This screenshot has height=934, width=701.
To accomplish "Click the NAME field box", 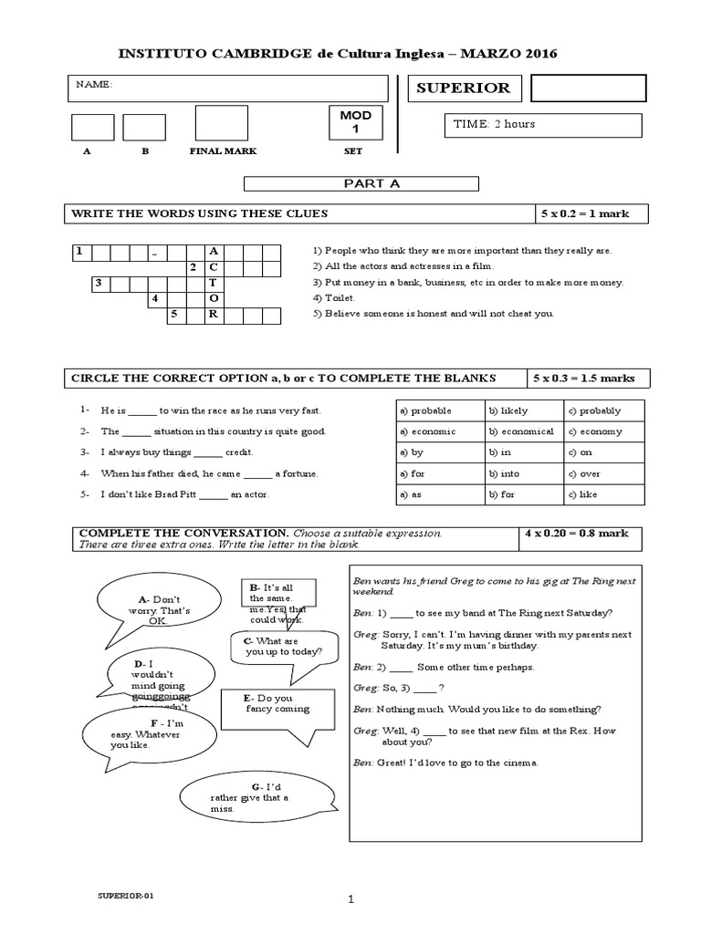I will (x=227, y=88).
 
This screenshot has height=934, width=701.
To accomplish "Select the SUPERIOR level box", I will (x=464, y=88).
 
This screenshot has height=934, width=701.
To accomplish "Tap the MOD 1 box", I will (x=355, y=122).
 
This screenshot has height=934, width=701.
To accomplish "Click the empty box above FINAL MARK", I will (x=221, y=123).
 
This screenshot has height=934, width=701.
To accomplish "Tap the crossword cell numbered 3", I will (x=99, y=283).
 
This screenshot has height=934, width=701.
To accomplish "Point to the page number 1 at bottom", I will (x=350, y=899).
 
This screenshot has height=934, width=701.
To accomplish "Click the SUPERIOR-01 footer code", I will (x=126, y=896).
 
